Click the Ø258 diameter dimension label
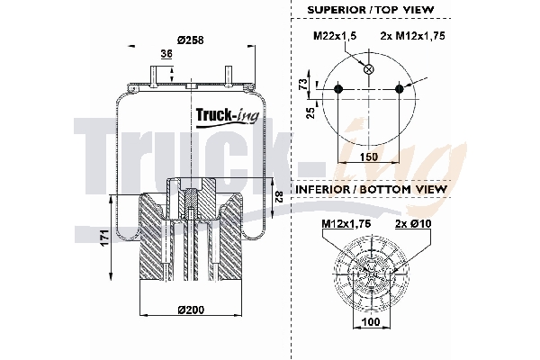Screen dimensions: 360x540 tap(190, 40)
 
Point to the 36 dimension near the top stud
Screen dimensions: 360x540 tap(166, 55)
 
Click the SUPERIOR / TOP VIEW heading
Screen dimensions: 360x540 tap(368, 9)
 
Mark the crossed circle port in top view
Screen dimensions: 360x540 tap(368, 68)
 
